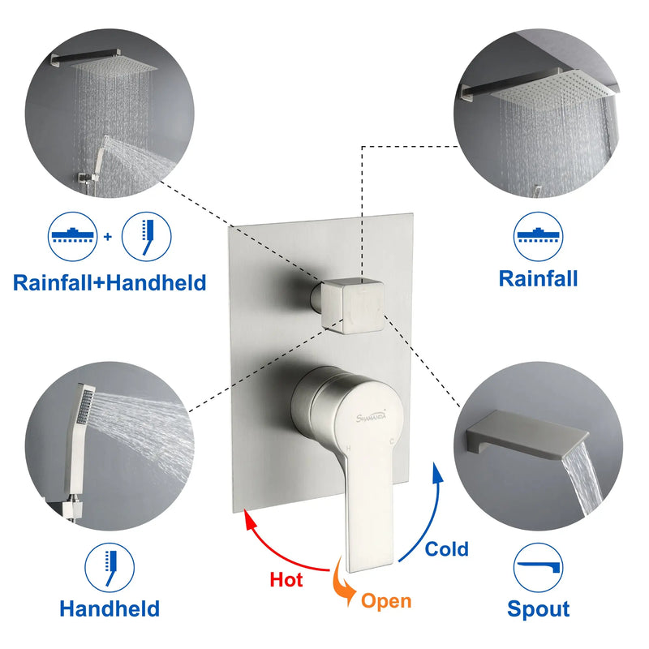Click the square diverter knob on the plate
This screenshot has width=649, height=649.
point(352,306)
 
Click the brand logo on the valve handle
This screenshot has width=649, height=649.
point(371,416)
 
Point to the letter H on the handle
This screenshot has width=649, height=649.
point(348,449)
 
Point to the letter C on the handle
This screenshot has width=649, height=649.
point(392,441)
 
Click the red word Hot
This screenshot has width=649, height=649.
point(286,579)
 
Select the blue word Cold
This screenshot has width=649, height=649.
point(446,549)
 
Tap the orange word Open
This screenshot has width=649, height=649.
point(386,601)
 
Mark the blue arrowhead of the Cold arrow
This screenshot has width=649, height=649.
point(436,473)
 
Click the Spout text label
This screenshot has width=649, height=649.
point(538,609)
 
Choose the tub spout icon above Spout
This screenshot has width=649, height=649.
point(538,567)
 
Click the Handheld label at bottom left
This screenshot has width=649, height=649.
point(110,609)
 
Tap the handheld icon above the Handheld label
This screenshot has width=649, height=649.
point(110,567)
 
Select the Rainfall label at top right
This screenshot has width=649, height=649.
point(538,278)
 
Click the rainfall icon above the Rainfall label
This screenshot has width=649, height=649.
point(538,237)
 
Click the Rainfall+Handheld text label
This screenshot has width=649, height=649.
point(110,282)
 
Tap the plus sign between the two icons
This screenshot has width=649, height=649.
point(108,237)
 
